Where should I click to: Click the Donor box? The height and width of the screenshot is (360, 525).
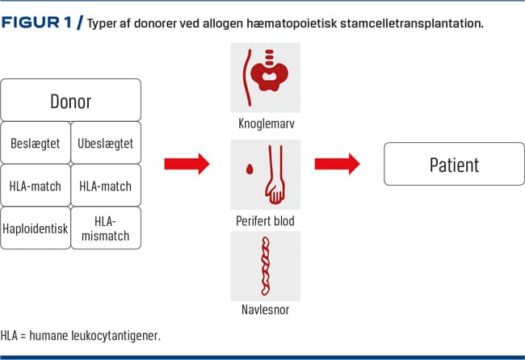(x=72, y=101)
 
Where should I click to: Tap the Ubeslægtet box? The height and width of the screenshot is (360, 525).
(x=106, y=143)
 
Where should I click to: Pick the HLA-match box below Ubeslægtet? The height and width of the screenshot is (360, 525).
(x=106, y=186)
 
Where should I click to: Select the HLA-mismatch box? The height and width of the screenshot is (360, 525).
(x=106, y=228)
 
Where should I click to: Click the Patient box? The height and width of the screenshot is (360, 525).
(x=453, y=165)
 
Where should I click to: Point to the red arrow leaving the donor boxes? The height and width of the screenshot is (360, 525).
(x=187, y=164)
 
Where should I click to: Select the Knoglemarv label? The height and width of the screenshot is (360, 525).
(x=266, y=127)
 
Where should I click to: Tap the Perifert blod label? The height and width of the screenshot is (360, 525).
(x=266, y=220)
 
